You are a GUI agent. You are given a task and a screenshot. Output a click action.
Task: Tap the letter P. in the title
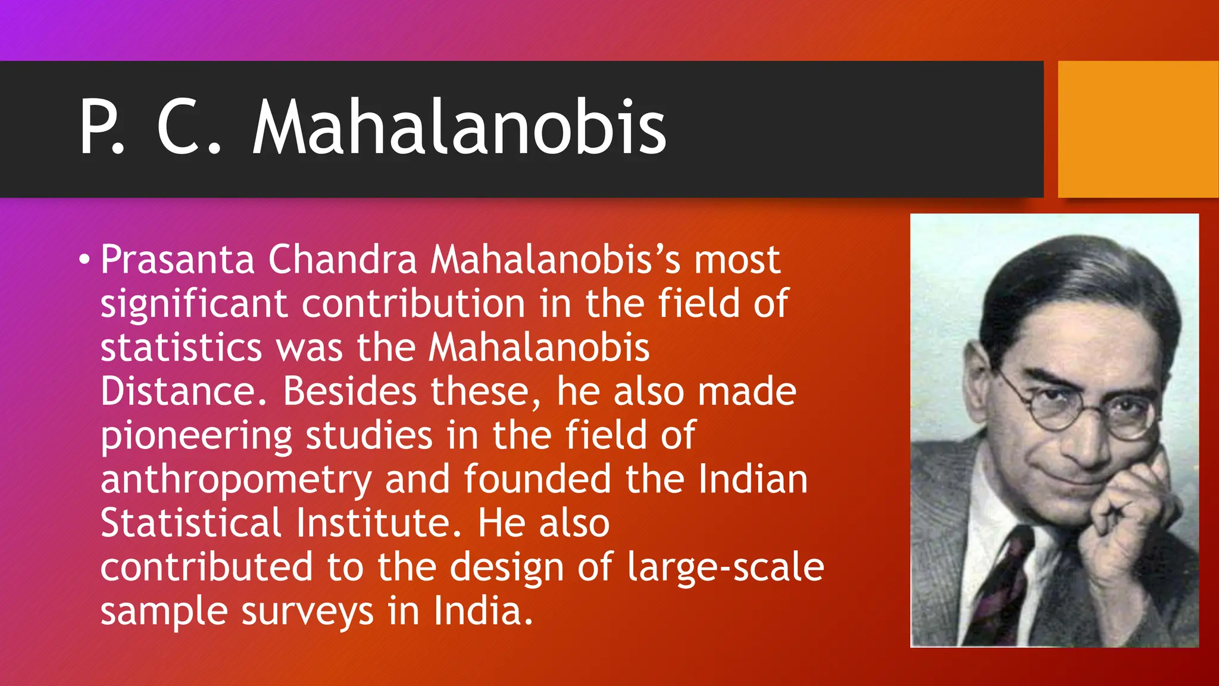pos(101,128)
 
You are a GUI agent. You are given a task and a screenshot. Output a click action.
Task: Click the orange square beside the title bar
pos(1137,129)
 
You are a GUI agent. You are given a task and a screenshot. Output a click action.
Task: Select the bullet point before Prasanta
pos(85,260)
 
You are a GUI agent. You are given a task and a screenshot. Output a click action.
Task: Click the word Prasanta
pos(177,260)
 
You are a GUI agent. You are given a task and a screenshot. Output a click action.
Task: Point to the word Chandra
pos(342,260)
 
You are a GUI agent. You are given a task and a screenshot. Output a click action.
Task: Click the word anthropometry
pos(236,480)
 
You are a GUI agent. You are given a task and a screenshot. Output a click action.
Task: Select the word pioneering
pos(196,436)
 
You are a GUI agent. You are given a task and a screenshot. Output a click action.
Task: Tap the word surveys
pos(307,612)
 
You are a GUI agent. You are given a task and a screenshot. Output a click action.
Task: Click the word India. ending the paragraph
pos(482,612)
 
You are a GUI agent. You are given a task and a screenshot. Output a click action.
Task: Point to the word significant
pos(194,304)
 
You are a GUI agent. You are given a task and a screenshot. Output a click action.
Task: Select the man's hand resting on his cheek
pos(1131,506)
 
